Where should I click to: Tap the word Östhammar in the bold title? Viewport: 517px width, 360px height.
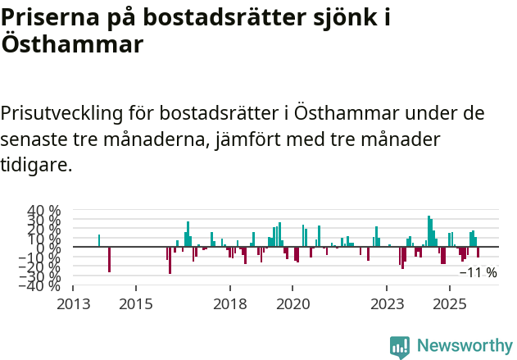tap(72, 43)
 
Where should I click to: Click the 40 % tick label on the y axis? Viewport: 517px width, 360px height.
tap(44, 210)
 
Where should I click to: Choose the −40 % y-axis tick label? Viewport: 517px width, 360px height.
tap(41, 285)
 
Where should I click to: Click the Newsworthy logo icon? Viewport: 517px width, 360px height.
tap(400, 347)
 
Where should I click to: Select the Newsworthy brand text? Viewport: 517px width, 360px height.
tap(464, 347)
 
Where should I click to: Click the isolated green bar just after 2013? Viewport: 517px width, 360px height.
tap(99, 240)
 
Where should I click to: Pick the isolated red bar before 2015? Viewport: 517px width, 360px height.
tap(109, 259)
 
